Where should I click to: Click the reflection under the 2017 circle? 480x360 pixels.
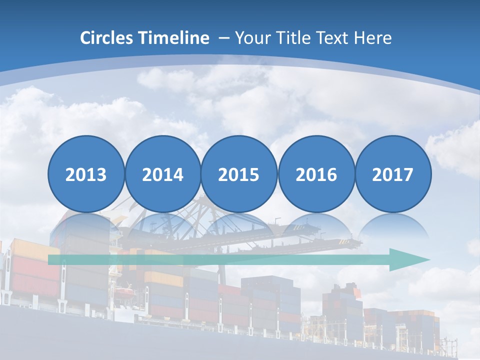[392, 227]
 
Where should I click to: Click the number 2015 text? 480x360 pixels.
[239, 175]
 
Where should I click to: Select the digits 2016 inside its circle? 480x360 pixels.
[316, 175]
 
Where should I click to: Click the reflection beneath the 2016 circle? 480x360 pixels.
[316, 227]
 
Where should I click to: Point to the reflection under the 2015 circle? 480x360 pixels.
[239, 227]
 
